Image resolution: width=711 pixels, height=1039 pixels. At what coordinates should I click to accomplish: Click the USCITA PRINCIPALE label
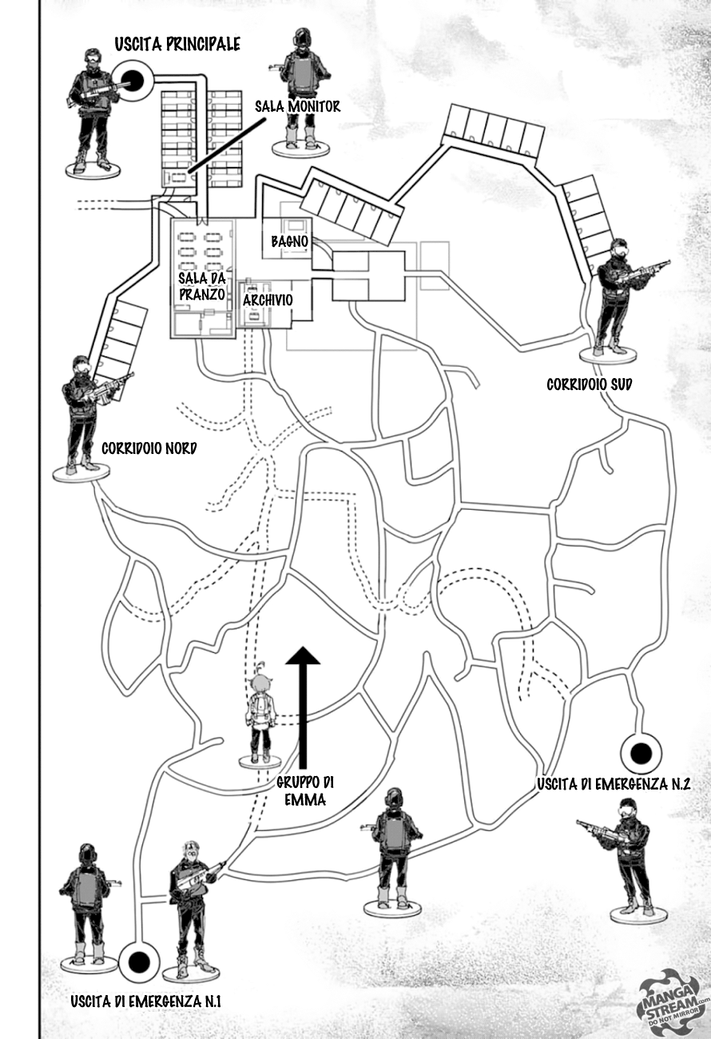tap(177, 45)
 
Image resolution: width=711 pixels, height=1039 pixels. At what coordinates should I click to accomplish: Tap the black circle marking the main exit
tap(133, 79)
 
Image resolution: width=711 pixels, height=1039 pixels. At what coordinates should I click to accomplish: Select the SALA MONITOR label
tap(297, 105)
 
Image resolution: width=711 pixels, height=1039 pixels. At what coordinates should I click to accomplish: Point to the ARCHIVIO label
tap(268, 300)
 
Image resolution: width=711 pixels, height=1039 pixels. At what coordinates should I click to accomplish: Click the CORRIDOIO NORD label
tap(149, 448)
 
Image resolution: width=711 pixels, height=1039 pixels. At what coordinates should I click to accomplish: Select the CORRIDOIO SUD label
tap(589, 384)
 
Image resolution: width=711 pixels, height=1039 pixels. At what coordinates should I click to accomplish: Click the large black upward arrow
tap(303, 703)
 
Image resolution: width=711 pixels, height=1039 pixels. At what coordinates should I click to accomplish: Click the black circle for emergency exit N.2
tap(640, 753)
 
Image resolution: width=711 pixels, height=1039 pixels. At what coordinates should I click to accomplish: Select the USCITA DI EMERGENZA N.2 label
tap(613, 785)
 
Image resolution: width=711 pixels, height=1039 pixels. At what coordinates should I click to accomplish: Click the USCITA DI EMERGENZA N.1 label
tap(145, 1001)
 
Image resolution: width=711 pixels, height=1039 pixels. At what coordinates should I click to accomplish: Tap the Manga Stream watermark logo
tap(673, 995)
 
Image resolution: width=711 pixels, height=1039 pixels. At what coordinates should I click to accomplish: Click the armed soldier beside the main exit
tap(92, 108)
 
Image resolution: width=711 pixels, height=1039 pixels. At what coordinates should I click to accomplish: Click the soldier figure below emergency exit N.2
tap(629, 855)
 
